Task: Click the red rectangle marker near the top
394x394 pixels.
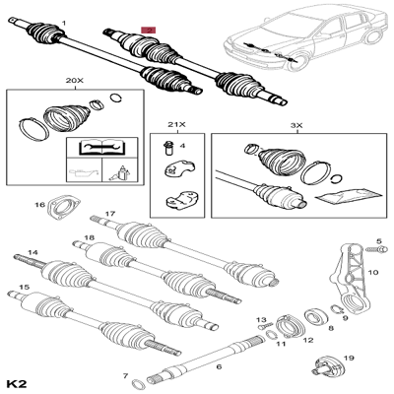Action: [149, 32]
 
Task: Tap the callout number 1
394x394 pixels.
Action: [65, 20]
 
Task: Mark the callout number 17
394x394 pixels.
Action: [110, 214]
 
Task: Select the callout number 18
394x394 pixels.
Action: [89, 238]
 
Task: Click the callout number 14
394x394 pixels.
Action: [33, 253]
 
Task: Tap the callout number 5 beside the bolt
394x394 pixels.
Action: [377, 240]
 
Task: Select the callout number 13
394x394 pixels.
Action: [262, 320]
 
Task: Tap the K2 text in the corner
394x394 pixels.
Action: [16, 381]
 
